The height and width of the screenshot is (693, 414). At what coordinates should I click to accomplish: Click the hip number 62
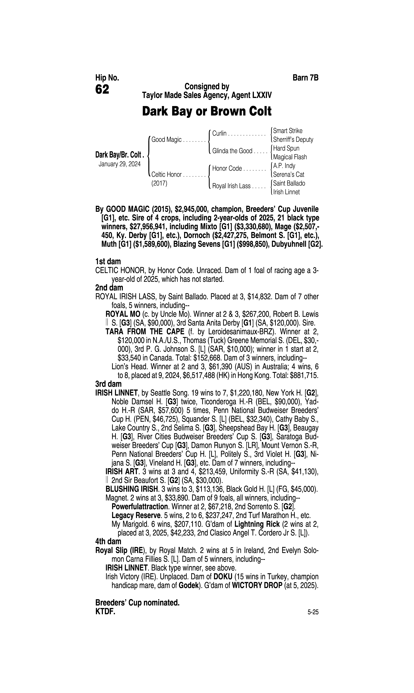pos(102,90)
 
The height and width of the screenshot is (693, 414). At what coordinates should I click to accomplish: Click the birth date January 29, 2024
pos(119,164)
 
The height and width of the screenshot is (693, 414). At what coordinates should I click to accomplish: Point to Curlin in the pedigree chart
pos(219,133)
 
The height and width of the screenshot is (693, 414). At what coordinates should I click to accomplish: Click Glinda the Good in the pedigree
pos(232,151)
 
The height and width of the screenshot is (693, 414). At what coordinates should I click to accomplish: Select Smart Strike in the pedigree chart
pos(288,131)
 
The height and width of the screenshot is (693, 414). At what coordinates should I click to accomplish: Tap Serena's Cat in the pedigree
pos(288,175)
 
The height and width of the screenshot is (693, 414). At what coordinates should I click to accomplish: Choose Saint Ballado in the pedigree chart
pos(289,183)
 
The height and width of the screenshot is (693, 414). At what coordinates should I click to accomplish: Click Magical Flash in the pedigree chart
pos(290,157)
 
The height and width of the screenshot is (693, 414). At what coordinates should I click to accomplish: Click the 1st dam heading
pos(108,262)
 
